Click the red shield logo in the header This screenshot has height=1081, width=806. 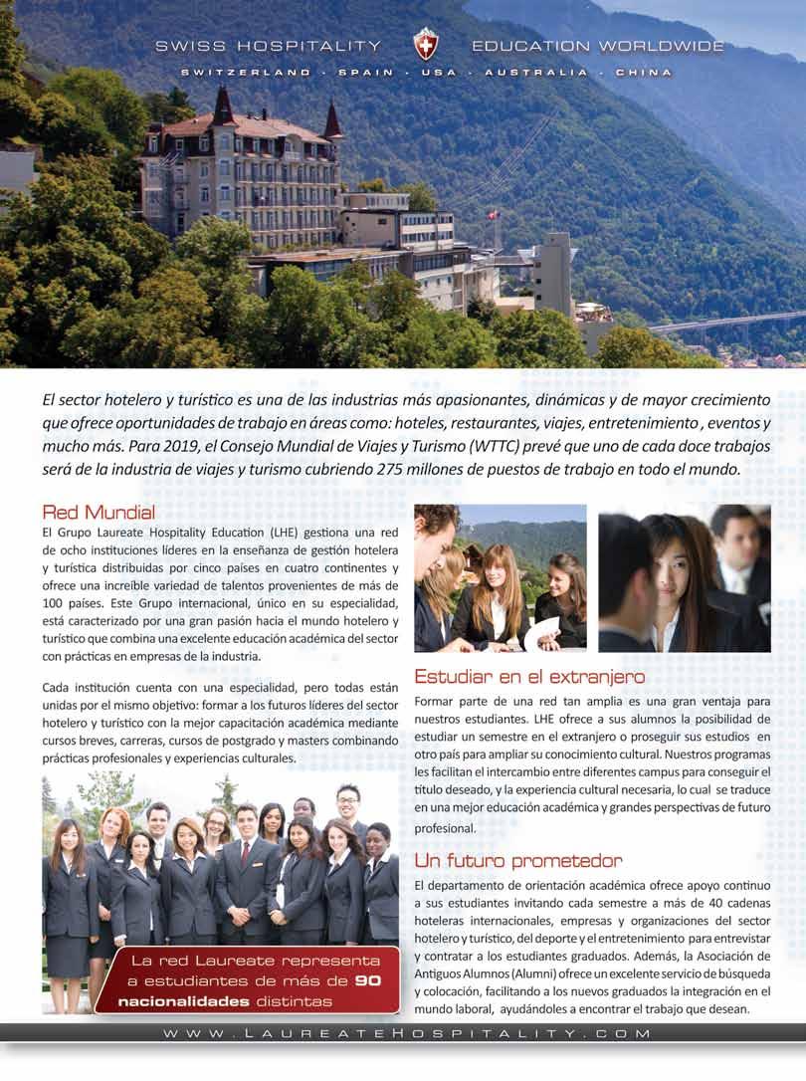[426, 45]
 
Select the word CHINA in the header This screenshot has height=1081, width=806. [643, 73]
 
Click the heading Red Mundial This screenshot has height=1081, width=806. [99, 513]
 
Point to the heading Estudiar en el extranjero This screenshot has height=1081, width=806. [529, 677]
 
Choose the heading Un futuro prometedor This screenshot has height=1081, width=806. [518, 860]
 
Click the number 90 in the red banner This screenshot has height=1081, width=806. [368, 981]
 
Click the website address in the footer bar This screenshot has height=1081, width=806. [408, 1034]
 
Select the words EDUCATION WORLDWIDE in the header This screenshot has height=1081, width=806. [597, 46]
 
